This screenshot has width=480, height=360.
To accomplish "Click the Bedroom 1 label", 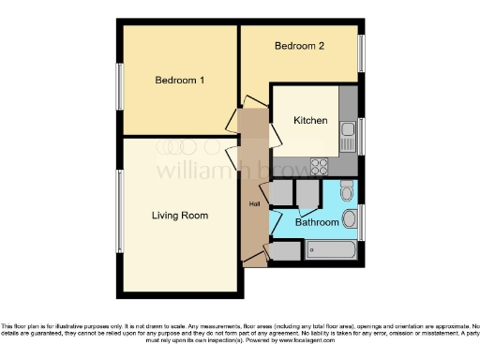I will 179,81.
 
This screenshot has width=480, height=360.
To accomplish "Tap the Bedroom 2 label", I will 298,46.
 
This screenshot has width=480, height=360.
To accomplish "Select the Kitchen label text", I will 310,121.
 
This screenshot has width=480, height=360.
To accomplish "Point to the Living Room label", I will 180,216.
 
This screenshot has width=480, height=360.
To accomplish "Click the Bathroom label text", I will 316,223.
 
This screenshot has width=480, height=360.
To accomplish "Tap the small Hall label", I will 253,204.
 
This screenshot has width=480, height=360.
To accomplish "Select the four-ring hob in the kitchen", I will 320,167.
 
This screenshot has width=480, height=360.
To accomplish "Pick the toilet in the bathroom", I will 346,192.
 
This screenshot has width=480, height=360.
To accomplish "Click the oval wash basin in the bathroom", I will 350,219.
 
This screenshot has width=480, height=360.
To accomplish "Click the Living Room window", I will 118,212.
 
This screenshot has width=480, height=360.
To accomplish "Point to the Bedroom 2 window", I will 361,53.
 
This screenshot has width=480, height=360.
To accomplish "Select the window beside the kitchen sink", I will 361,135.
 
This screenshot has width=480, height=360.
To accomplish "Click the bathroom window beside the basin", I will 361,221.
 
